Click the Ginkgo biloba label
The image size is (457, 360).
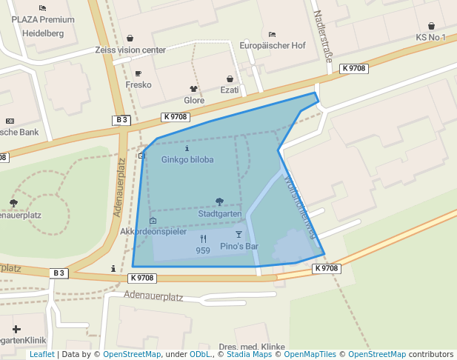[x=187, y=159]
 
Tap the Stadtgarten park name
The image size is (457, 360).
[x=220, y=214]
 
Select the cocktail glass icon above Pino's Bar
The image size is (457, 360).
[x=238, y=234]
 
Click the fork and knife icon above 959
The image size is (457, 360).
[x=203, y=239]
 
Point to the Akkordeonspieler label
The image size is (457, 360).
[x=153, y=232]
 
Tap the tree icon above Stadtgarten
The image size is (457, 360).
[x=219, y=201]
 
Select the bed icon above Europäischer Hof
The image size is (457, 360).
[x=272, y=34]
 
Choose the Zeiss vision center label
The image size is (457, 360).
[x=130, y=50]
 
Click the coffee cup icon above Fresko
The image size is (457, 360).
[x=139, y=73]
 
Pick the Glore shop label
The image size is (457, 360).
[x=194, y=100]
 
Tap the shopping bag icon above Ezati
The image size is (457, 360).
[x=230, y=79]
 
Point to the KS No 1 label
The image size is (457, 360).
[x=430, y=37]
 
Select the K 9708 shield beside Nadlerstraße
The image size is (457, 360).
[x=354, y=68]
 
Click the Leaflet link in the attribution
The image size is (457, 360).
[x=41, y=355]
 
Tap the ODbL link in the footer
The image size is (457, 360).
[x=199, y=355]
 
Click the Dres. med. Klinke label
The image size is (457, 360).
[x=252, y=347]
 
